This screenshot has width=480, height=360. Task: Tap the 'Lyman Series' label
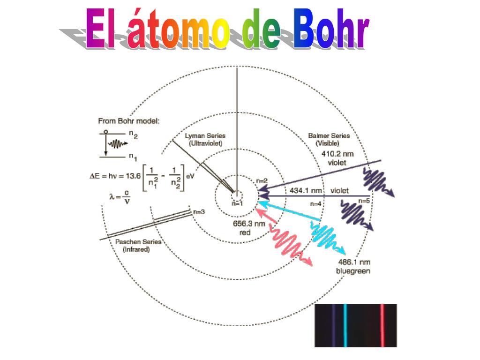205,136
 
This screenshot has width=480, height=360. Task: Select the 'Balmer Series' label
329,136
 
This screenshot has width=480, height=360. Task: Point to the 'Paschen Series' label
138,242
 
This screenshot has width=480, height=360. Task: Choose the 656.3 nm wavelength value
249,224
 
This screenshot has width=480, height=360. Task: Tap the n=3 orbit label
199,212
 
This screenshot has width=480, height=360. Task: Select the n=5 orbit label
364,201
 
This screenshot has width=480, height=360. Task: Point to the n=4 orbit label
316,203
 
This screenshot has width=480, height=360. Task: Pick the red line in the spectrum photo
382,325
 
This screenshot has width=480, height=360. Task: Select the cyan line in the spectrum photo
345,325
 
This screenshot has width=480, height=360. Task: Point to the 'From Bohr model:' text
129,121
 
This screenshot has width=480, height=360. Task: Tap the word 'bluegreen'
353,271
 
